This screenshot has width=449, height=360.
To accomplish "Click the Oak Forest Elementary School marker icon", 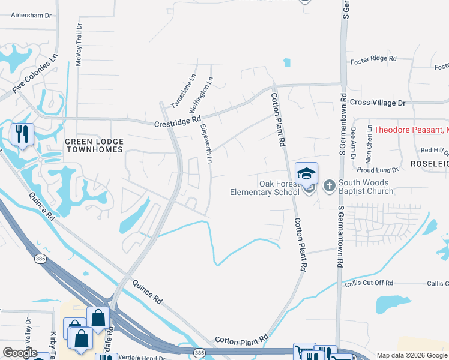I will (306, 173).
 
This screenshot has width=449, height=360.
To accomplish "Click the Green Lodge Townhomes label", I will (94, 146).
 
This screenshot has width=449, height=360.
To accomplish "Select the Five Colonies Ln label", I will (35, 74).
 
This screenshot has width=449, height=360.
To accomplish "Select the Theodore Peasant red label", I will (411, 130).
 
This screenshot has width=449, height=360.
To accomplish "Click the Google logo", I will (20, 353).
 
